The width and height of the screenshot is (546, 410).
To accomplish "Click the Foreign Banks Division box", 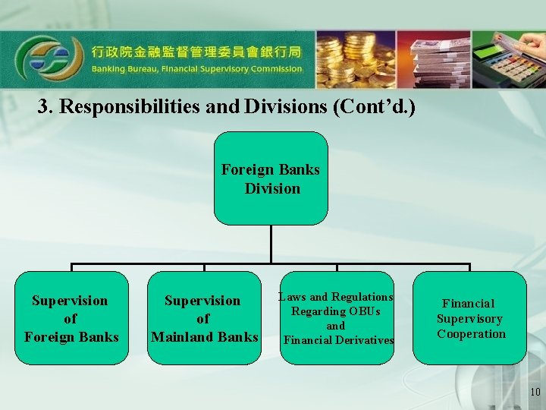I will coord(271,178).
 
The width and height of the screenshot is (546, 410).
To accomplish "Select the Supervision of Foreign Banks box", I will coord(71,318).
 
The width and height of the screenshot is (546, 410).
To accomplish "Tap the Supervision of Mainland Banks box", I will coord(204,318).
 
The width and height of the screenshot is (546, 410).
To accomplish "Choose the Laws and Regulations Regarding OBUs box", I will coord(337,318).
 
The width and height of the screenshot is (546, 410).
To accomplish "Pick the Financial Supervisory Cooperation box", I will coord(470,318).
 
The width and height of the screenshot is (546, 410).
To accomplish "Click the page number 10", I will coord(535,392).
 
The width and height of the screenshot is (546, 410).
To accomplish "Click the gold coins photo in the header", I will coord(355,59).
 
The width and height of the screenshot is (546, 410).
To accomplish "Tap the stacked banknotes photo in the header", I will coord(433,59).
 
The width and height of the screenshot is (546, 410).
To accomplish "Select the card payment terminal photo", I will coord(509,59).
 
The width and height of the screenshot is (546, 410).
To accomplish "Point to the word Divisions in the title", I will coord(285,107).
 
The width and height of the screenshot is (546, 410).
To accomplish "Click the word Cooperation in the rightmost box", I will coord(471,334).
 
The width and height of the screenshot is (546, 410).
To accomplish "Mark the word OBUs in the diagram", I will coord(363,311).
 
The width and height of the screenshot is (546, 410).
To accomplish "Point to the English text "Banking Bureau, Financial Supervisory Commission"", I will coord(197,68).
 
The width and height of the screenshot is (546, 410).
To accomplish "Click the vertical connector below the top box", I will coord(271,244).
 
